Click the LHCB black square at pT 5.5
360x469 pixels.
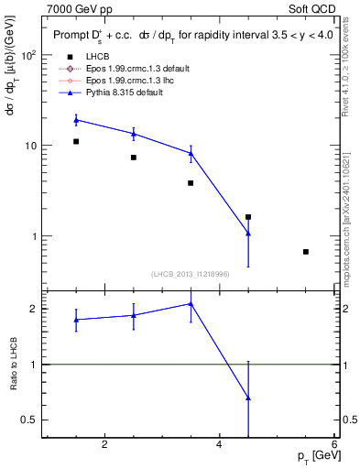(x=305, y=252)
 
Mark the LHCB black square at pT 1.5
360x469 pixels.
(x=76, y=141)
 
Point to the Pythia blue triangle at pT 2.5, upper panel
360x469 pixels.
(x=134, y=134)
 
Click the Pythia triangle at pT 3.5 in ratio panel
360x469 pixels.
(x=191, y=303)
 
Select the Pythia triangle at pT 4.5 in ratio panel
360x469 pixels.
(x=248, y=398)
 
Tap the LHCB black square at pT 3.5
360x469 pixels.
(x=191, y=183)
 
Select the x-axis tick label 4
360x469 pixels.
(x=219, y=445)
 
